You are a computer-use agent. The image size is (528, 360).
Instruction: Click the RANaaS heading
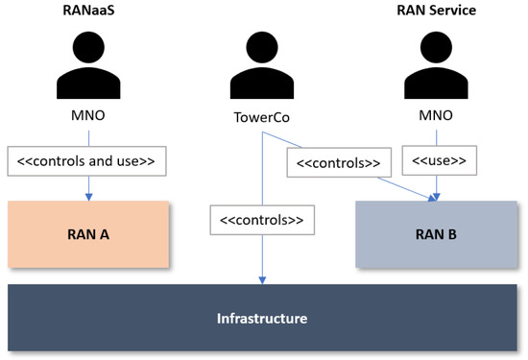(88, 11)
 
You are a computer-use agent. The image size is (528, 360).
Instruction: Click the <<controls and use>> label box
(87, 160)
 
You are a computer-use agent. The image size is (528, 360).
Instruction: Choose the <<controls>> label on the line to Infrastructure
(261, 221)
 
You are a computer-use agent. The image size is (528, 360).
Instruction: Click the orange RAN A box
(88, 233)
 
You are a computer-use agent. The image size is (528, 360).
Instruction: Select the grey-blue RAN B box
(438, 234)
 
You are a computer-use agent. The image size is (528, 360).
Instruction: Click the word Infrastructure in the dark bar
(261, 318)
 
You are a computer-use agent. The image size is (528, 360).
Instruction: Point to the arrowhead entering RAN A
(88, 197)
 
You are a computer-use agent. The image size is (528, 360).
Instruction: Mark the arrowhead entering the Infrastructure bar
(261, 280)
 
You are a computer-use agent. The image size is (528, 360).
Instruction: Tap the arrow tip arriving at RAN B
(437, 197)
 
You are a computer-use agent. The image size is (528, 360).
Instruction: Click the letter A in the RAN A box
(106, 233)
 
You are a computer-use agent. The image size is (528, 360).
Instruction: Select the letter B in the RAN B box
(455, 234)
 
